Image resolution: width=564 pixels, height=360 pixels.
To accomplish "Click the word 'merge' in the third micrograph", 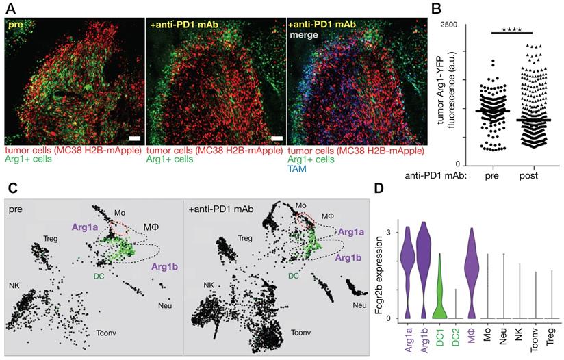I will (x=304, y=34).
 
